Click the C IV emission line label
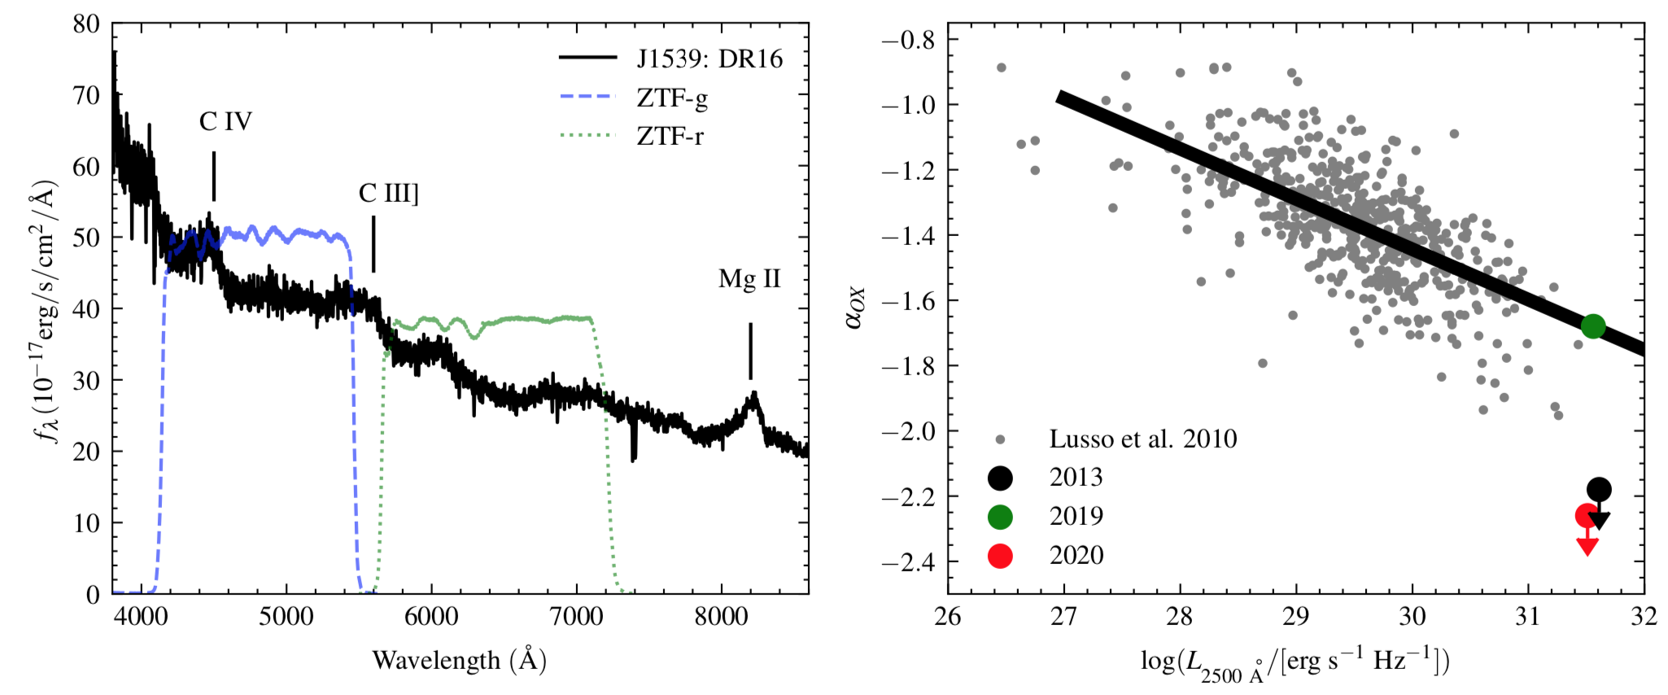point(225,122)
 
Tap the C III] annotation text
point(388,194)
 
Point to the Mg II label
point(749,279)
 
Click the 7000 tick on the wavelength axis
point(576,616)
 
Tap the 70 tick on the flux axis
point(86,95)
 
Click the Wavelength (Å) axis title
point(459,659)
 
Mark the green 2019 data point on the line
point(1593,326)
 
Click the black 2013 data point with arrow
point(1599,489)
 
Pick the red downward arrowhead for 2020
point(1587,546)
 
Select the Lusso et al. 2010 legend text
point(1142,439)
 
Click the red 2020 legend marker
point(1000,556)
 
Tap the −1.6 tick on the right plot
point(910,301)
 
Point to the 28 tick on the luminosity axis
point(1180,616)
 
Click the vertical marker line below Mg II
point(750,351)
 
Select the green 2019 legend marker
point(1000,517)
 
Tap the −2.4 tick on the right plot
point(910,562)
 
